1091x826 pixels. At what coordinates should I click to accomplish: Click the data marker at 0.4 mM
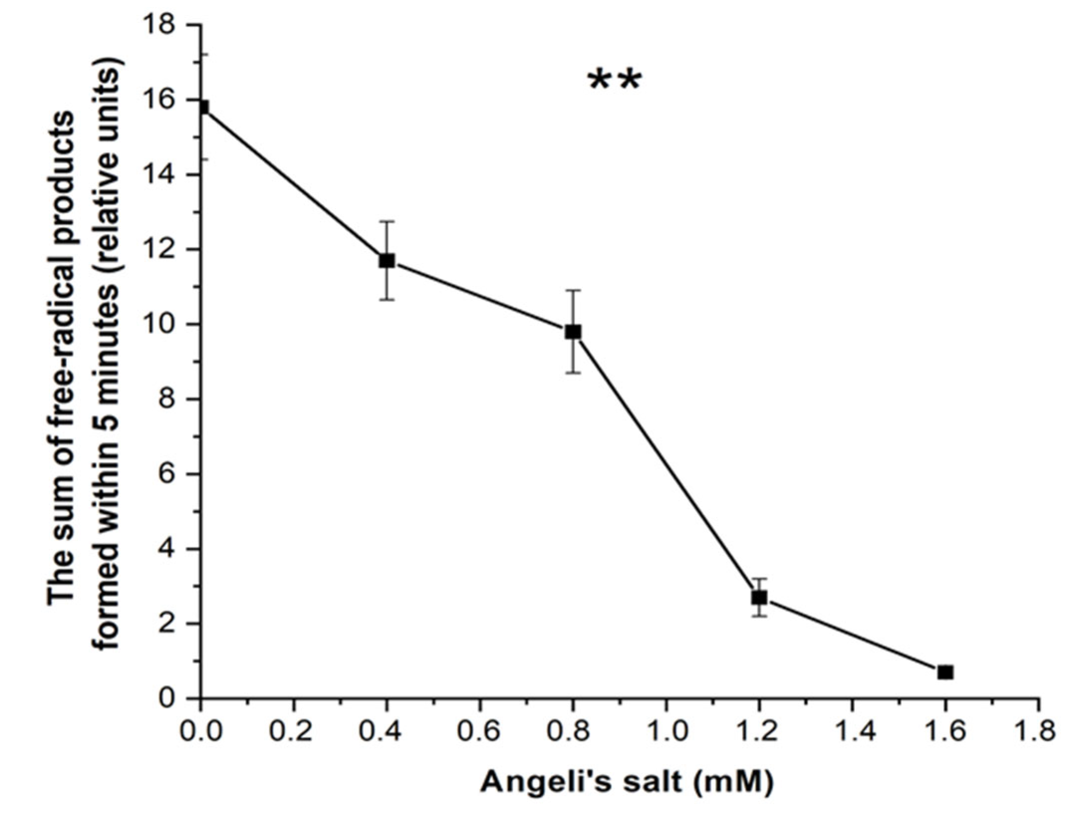(387, 260)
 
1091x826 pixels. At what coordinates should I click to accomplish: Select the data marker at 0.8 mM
(573, 332)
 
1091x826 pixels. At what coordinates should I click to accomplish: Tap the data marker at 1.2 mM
(759, 597)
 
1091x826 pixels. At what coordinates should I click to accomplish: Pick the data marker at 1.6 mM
(945, 672)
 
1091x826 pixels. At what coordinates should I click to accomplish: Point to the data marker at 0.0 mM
(203, 107)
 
